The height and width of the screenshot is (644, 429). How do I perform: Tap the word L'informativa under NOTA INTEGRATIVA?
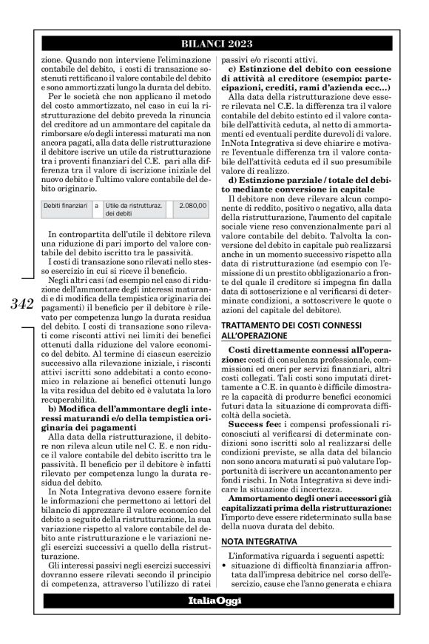pos(254,555)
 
